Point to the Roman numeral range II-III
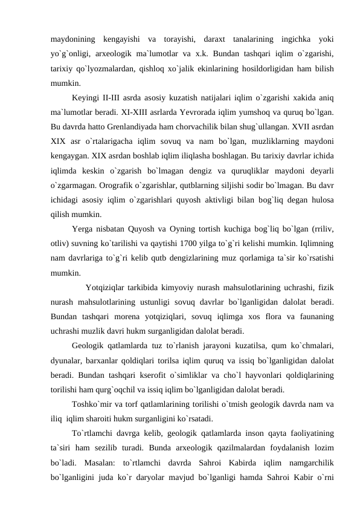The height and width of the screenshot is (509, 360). (112, 98)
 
